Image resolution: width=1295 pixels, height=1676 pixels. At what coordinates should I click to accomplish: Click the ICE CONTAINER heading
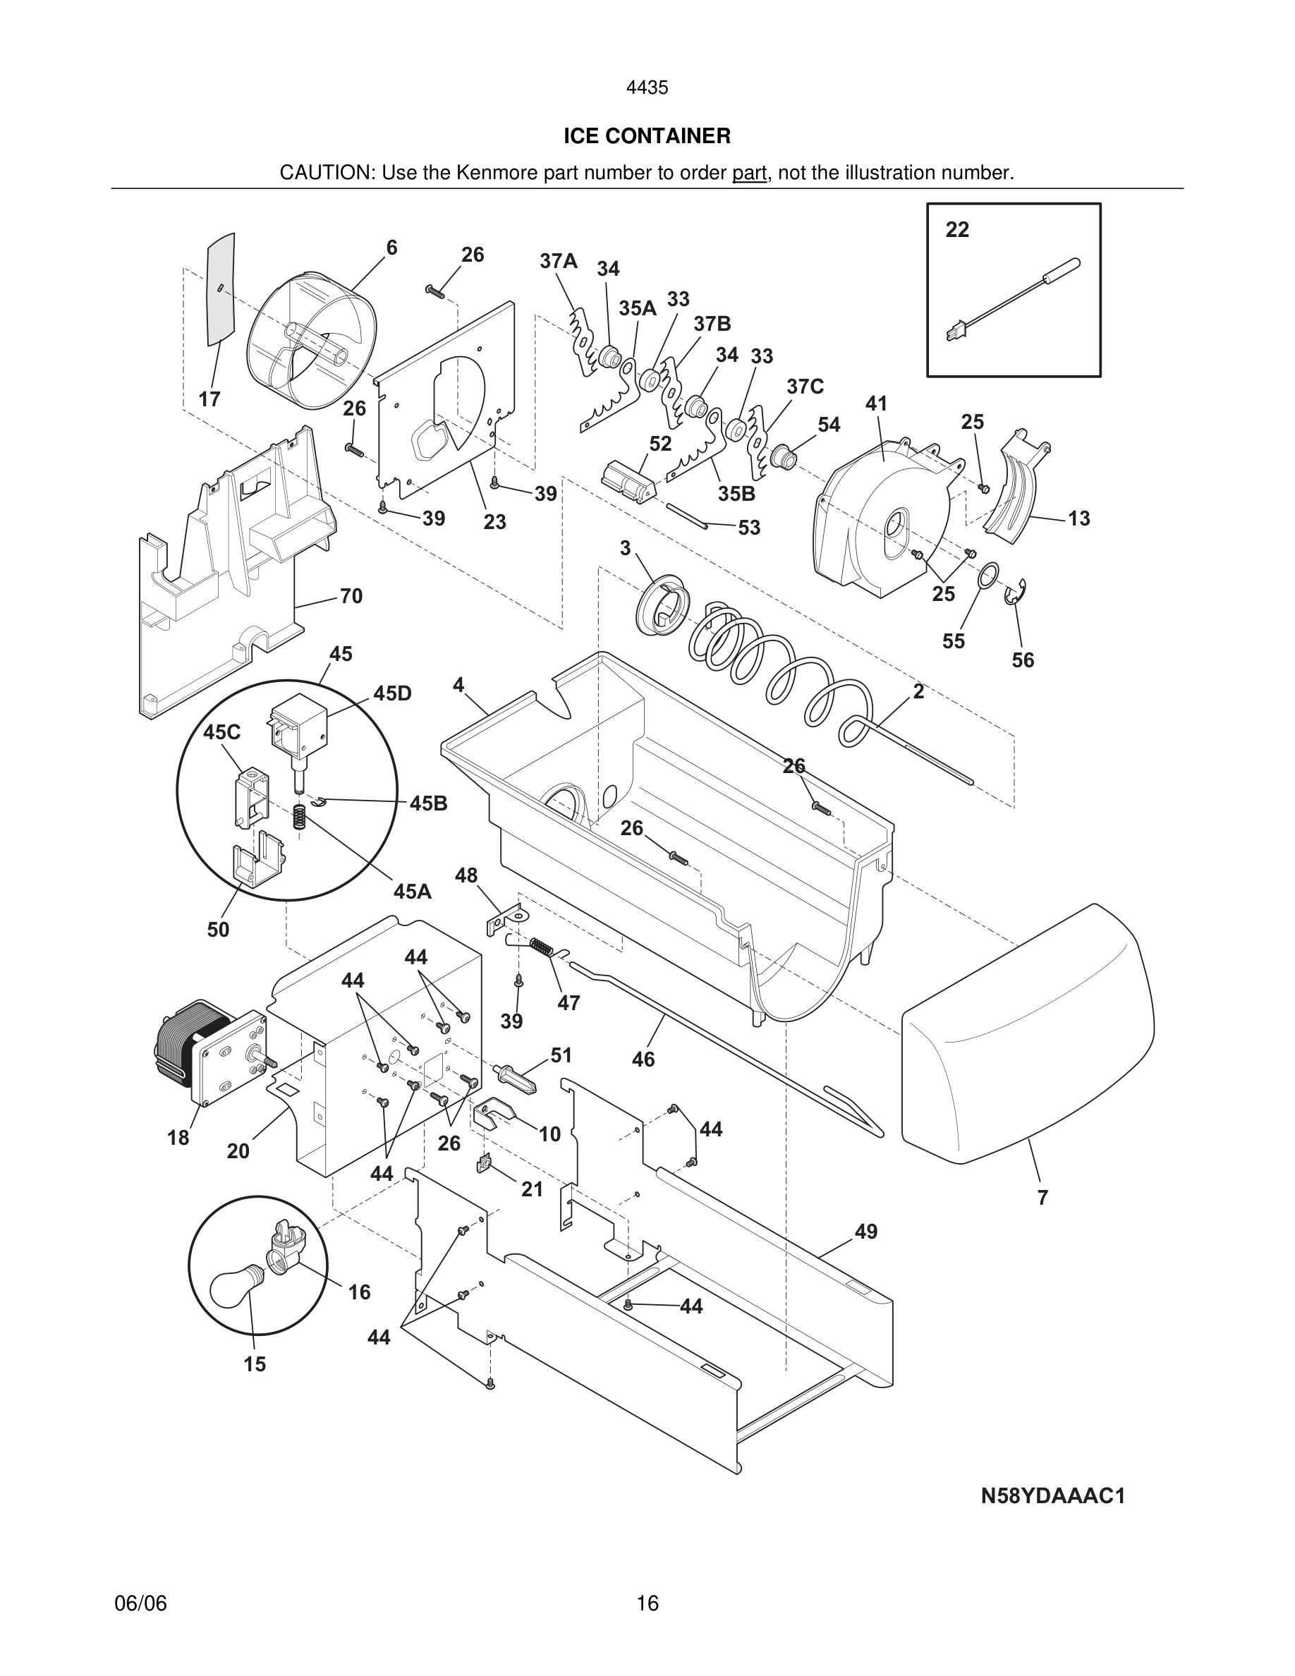(x=647, y=136)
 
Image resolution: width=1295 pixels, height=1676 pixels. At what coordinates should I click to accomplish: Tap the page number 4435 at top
(x=647, y=88)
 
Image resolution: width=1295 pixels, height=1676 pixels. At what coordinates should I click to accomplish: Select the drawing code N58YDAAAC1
(x=1052, y=1496)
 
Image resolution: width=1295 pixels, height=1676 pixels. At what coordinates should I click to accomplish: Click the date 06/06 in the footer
(x=140, y=1603)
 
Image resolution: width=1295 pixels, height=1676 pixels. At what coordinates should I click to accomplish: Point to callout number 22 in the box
(x=956, y=229)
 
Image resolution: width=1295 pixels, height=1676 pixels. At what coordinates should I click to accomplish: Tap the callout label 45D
(x=392, y=693)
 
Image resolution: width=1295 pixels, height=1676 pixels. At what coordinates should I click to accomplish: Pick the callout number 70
(x=351, y=596)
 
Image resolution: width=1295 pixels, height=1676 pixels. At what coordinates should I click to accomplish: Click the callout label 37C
(x=805, y=387)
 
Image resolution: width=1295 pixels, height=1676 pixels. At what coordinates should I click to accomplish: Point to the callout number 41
(x=876, y=403)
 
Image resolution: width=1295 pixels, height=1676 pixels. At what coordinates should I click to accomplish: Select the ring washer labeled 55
(x=990, y=573)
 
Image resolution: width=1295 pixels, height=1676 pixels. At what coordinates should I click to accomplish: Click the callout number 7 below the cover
(x=1042, y=1197)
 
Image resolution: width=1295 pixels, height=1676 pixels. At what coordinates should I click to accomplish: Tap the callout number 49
(x=865, y=1231)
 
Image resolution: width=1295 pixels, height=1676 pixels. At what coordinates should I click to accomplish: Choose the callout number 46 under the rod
(x=643, y=1059)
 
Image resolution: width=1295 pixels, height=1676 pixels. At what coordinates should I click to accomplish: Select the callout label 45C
(x=221, y=732)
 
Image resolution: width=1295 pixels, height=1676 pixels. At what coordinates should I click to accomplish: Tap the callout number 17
(x=209, y=399)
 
